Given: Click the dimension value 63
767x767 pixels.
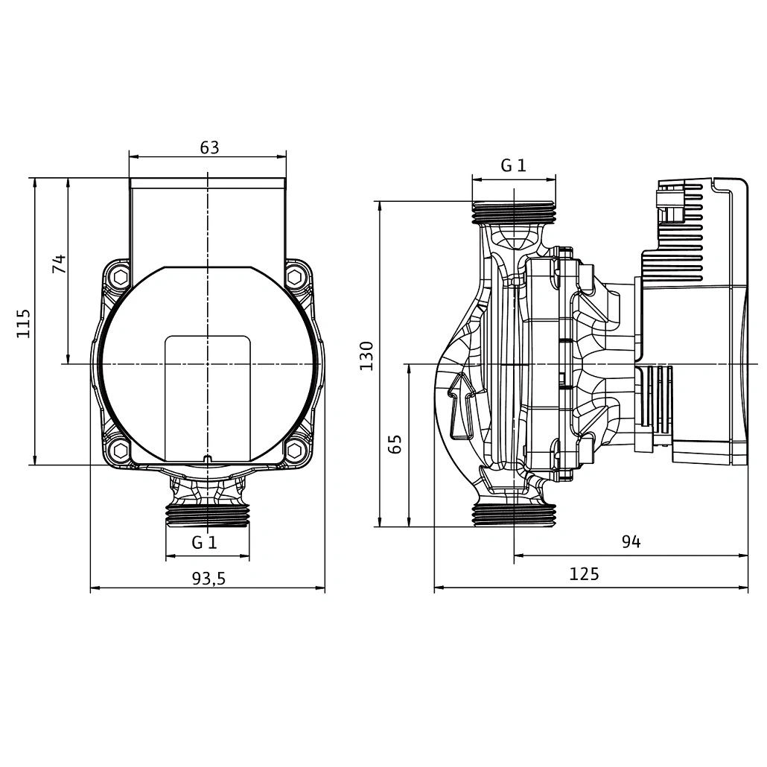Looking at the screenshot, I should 209,147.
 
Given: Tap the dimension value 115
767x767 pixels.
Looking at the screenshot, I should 24,322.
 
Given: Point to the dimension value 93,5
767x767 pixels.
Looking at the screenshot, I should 208,579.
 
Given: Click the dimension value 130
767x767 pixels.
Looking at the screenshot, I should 366,356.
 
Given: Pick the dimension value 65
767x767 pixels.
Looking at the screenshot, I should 395,444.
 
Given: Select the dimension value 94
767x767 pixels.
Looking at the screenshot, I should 631,542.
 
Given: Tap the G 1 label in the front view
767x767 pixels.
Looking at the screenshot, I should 204,542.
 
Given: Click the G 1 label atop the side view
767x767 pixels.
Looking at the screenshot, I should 513,165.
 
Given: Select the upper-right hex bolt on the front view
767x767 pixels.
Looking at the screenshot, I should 296,277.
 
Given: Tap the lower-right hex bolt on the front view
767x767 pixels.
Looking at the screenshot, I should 295,450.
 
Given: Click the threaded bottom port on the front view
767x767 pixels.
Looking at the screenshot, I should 208,515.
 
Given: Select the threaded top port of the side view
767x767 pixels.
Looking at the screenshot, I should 514,213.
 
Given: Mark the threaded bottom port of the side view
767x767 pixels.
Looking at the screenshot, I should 514,515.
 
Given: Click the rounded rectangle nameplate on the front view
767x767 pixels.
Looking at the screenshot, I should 208,395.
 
